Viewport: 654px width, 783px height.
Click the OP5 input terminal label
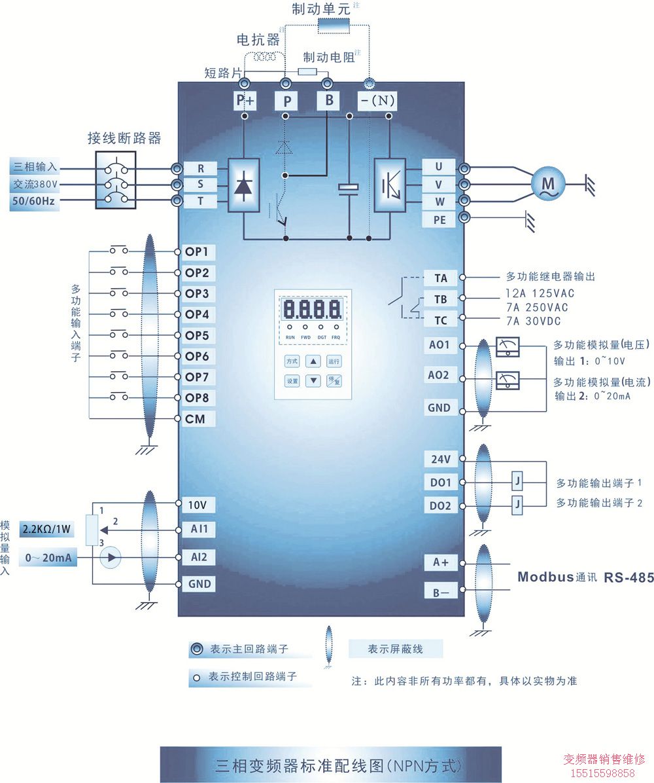[196, 336]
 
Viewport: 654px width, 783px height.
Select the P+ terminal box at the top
[245, 101]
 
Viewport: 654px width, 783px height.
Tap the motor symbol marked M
[547, 185]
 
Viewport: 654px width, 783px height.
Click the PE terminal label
[439, 220]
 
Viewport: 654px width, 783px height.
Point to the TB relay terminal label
[441, 299]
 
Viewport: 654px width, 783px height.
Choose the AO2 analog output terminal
[439, 375]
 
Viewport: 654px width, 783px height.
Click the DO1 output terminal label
[440, 483]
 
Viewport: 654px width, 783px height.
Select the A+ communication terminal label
[441, 562]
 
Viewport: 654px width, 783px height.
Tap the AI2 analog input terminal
[198, 557]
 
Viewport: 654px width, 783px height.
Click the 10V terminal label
[198, 505]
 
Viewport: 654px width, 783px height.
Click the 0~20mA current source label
[48, 558]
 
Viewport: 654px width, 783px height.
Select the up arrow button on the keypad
[314, 361]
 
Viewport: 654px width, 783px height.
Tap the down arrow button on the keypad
[314, 380]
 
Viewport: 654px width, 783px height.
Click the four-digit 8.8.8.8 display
[311, 309]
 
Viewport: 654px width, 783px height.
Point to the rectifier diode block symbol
[243, 185]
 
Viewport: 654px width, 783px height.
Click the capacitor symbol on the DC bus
[349, 189]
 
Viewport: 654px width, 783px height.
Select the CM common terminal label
[196, 419]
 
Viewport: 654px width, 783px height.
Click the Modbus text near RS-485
[545, 577]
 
